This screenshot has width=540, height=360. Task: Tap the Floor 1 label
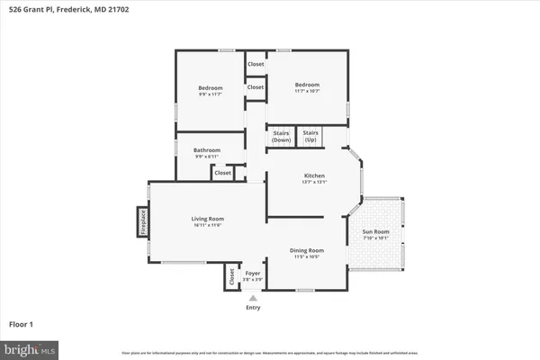point(23,322)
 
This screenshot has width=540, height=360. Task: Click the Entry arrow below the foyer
point(253,298)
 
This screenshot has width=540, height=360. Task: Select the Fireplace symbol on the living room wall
point(142,222)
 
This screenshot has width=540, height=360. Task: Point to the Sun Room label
point(375,232)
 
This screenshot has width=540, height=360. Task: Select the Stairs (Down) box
point(282,137)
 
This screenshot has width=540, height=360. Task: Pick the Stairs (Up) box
point(310,137)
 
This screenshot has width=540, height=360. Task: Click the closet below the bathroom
point(222,173)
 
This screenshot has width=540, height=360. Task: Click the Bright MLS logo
point(30,347)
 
